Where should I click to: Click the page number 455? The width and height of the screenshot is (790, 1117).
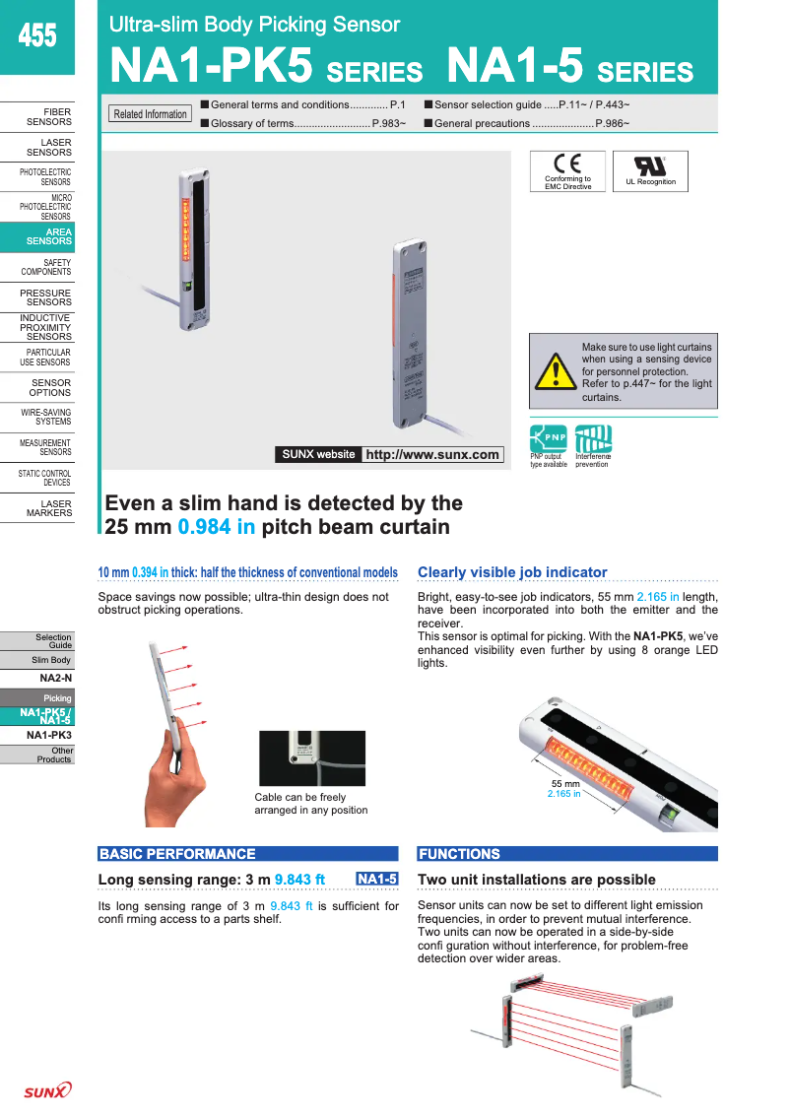pyautogui.click(x=37, y=36)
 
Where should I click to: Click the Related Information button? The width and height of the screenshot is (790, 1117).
pyautogui.click(x=150, y=114)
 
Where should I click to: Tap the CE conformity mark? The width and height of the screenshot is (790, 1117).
pyautogui.click(x=567, y=164)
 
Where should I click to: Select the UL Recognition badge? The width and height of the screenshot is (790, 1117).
pyautogui.click(x=650, y=170)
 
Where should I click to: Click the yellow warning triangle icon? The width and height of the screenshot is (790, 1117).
pyautogui.click(x=557, y=372)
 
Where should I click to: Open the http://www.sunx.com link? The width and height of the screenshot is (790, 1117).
pyautogui.click(x=431, y=454)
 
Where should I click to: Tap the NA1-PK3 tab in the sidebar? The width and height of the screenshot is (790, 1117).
pyautogui.click(x=48, y=735)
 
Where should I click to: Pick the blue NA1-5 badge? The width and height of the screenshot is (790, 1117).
pyautogui.click(x=377, y=879)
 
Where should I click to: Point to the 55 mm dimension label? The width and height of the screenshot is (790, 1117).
pyautogui.click(x=564, y=783)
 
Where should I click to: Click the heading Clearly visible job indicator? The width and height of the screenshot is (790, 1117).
pyautogui.click(x=512, y=572)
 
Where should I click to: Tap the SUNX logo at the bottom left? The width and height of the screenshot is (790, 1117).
pyautogui.click(x=47, y=1090)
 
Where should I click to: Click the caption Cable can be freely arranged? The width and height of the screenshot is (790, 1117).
pyautogui.click(x=310, y=804)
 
